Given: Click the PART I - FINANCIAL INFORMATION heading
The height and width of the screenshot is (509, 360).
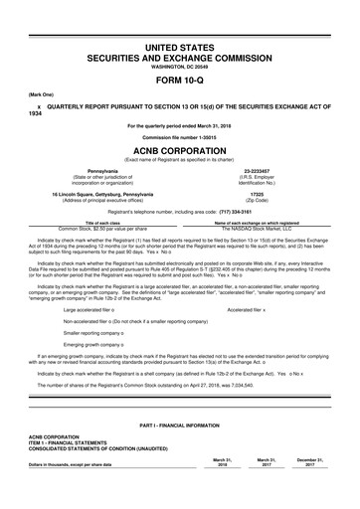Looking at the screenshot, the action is [x=180, y=452].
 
